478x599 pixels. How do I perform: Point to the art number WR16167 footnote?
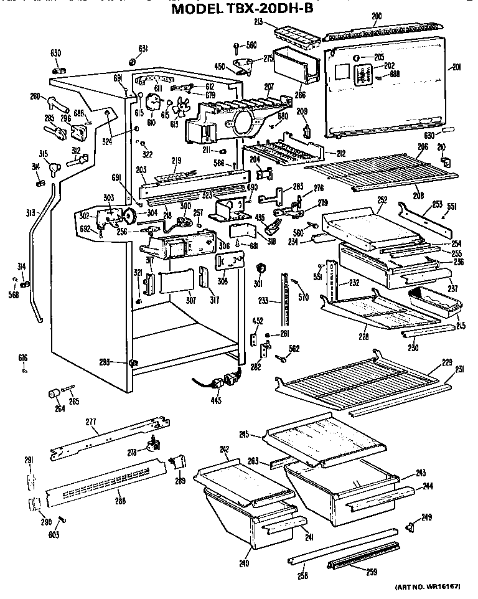coord(432,587)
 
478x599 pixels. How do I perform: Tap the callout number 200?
coord(376,16)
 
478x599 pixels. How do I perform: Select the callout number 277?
coord(91,423)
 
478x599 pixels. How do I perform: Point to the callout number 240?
coord(244,564)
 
